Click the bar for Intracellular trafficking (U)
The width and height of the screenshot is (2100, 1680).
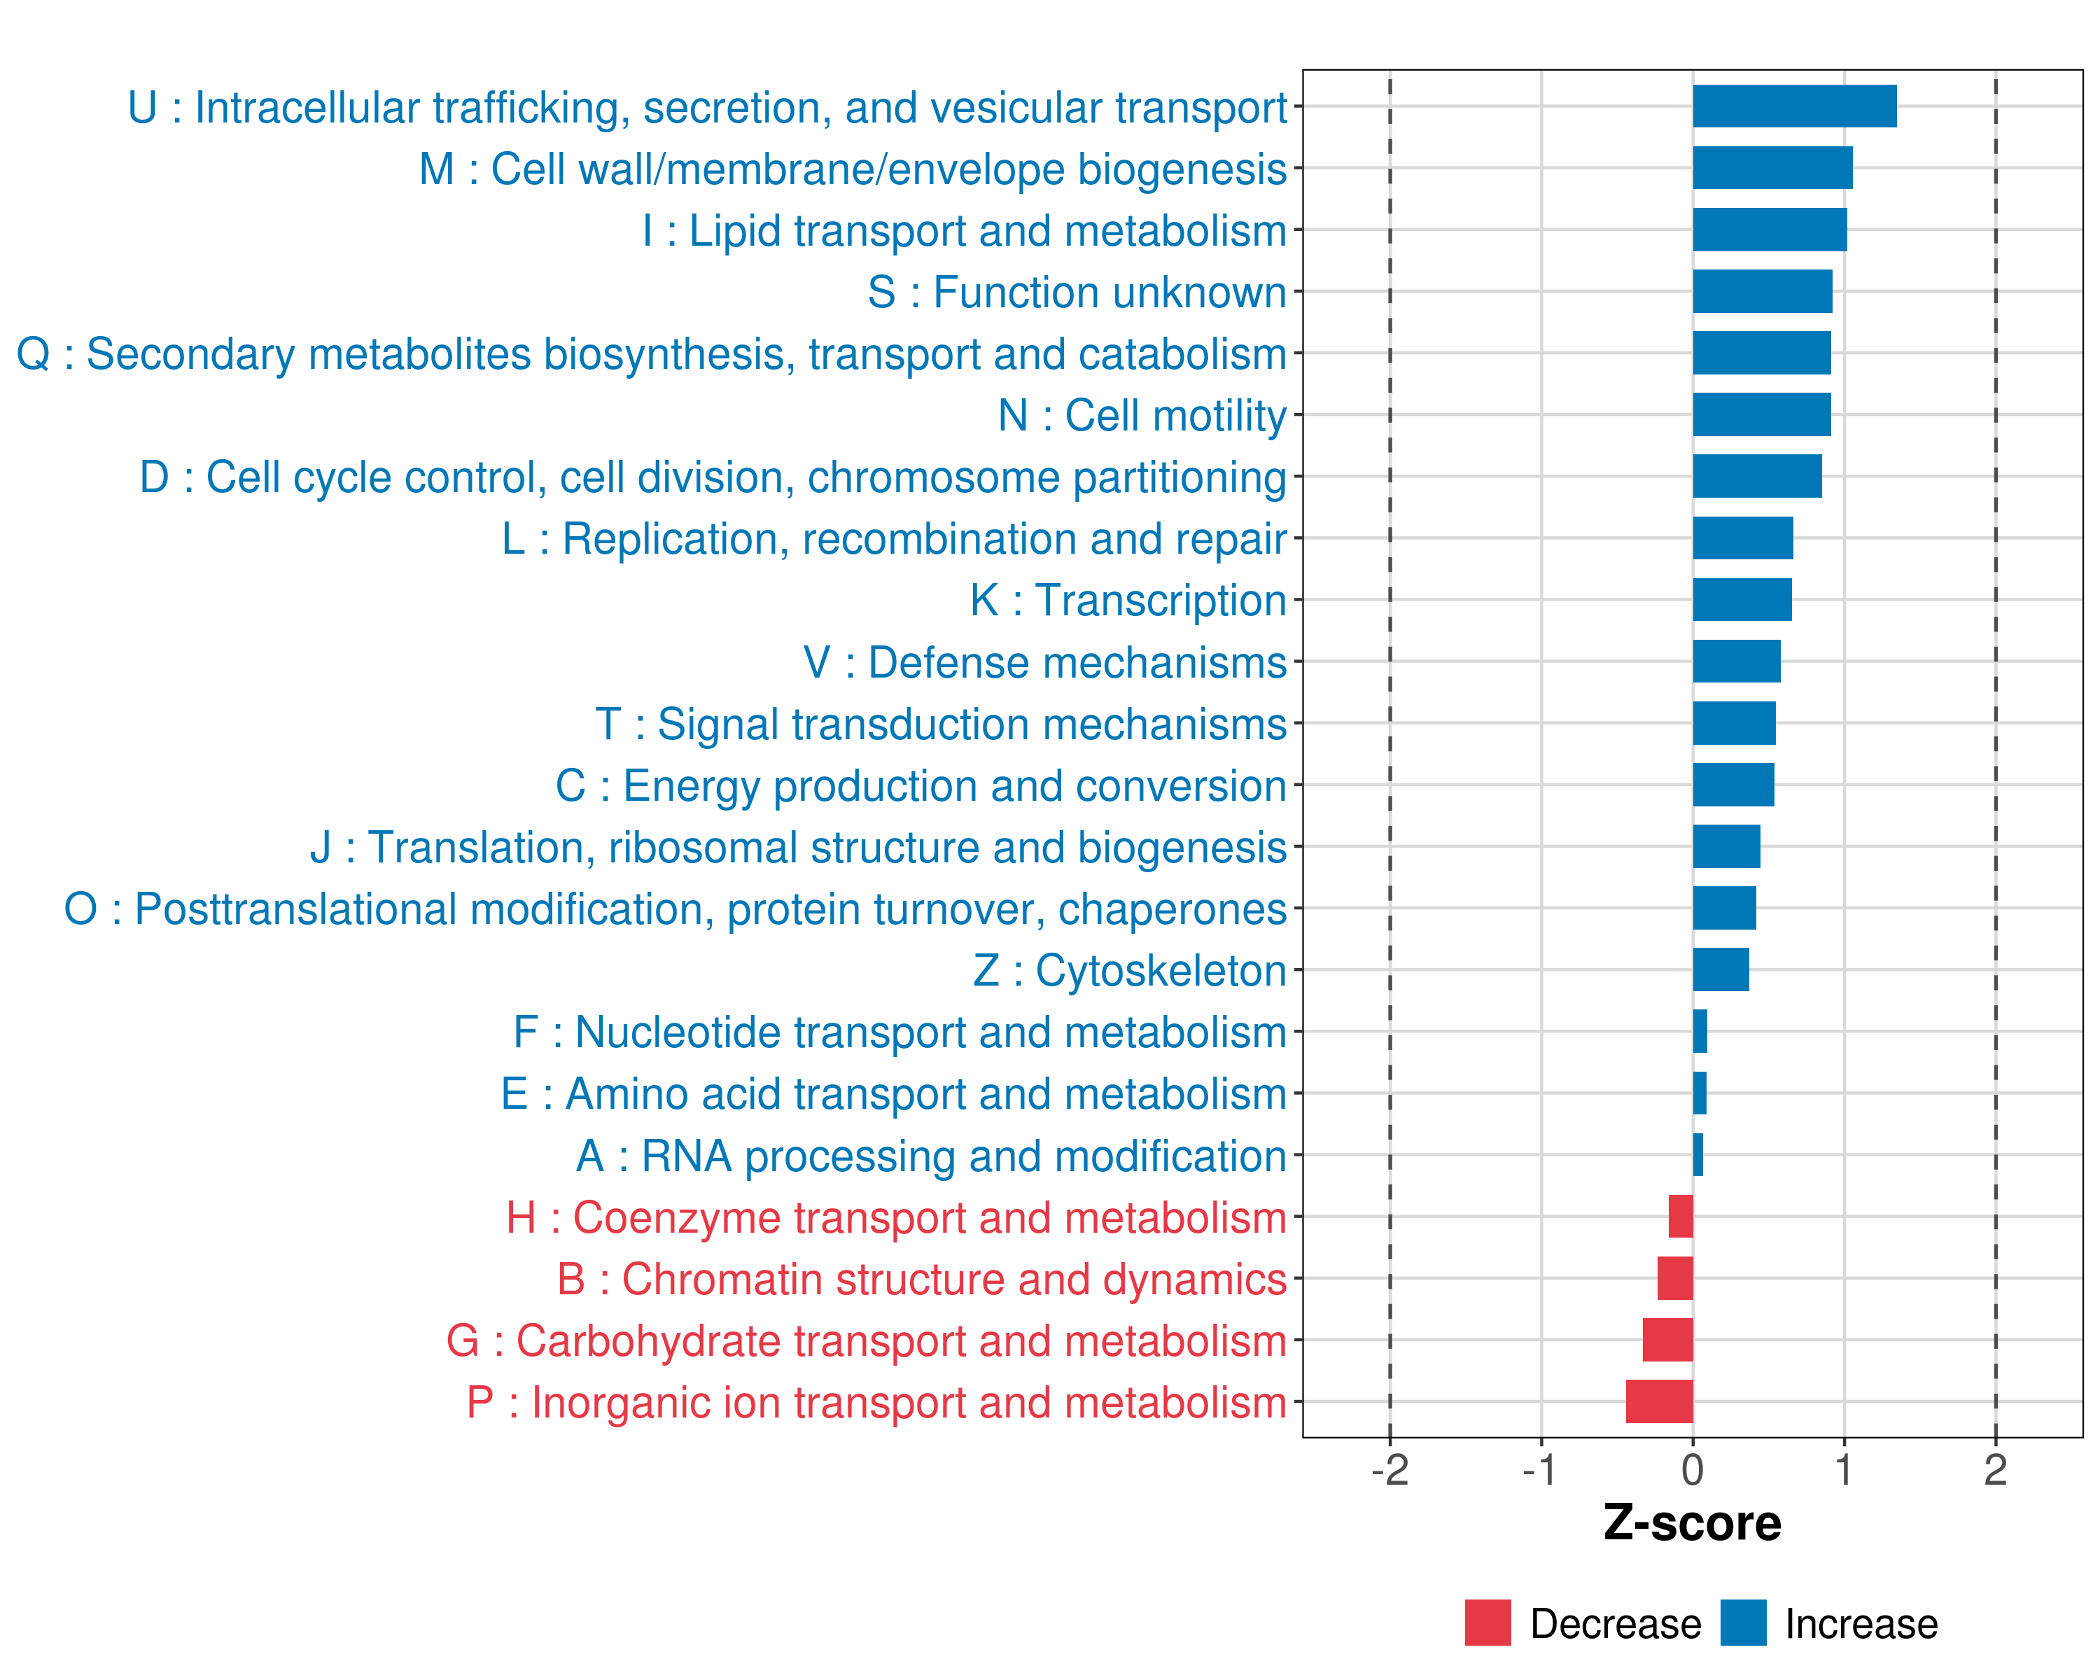[1794, 106]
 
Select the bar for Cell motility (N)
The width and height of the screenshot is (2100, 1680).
[1761, 415]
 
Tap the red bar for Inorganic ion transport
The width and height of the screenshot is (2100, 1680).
[1659, 1401]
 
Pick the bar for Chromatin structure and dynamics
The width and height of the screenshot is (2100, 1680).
[1674, 1277]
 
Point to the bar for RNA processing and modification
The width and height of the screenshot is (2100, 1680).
[1697, 1155]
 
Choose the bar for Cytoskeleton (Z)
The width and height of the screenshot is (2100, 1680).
[1720, 970]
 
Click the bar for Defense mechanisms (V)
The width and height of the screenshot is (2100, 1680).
[1736, 661]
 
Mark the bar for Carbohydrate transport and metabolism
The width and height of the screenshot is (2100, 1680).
[1667, 1340]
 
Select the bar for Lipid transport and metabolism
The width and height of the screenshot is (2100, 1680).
[1769, 230]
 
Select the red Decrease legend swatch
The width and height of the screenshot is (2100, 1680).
[1487, 1623]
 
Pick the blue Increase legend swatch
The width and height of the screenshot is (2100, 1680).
[1742, 1623]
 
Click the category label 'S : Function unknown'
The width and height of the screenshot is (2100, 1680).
[1077, 292]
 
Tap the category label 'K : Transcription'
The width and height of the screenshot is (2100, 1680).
[1128, 601]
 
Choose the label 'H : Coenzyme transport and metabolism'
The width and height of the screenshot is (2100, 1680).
[896, 1217]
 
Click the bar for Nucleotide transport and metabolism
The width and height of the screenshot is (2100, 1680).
[1700, 1031]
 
